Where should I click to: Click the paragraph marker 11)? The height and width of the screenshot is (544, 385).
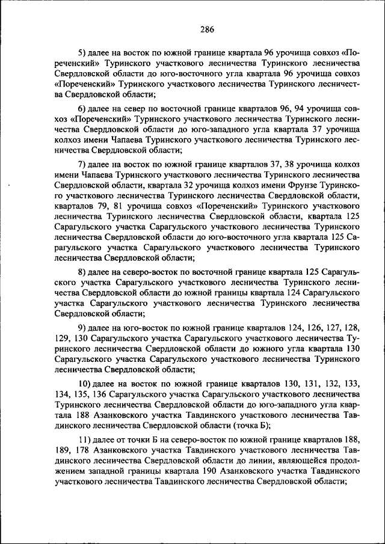coord(85,440)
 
